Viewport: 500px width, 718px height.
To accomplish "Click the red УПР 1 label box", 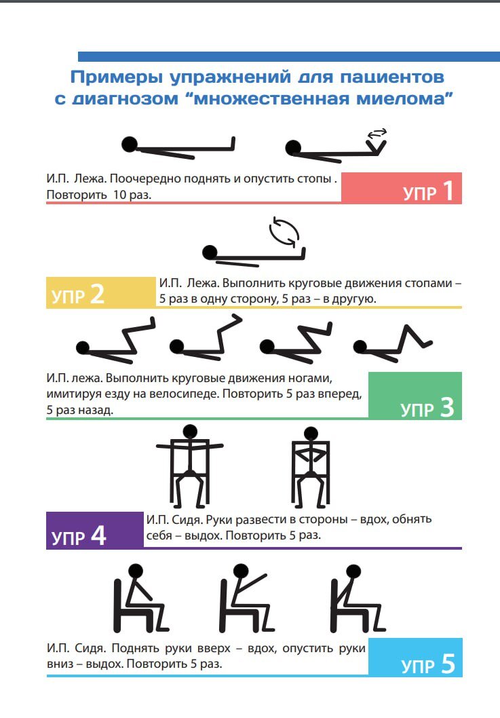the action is (x=401, y=188).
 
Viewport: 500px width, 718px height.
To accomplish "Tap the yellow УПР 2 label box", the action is (x=101, y=292).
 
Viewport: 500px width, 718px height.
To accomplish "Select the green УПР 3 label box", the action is (x=415, y=396).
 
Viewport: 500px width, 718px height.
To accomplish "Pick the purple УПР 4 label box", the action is (x=95, y=530).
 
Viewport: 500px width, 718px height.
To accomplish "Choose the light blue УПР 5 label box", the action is (x=415, y=657).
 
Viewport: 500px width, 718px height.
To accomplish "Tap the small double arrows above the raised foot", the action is (x=378, y=133).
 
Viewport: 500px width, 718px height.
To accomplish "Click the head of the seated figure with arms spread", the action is (x=190, y=432).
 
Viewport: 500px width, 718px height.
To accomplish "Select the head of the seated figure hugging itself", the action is (x=311, y=434).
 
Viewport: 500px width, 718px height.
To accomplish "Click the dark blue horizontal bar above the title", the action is (x=289, y=57).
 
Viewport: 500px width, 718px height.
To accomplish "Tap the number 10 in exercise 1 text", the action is (x=119, y=195).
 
